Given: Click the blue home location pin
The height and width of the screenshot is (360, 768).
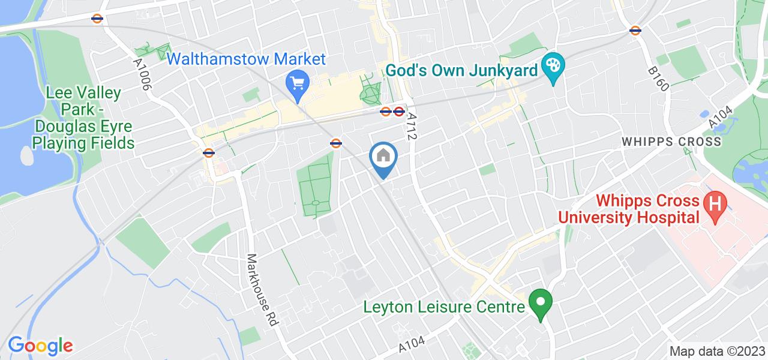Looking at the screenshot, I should (x=383, y=158).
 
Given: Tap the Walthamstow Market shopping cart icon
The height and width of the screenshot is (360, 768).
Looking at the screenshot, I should (x=297, y=81).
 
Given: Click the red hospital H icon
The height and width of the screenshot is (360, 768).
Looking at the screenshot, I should (x=714, y=203).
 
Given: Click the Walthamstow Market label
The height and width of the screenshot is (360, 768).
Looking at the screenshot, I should (x=247, y=59).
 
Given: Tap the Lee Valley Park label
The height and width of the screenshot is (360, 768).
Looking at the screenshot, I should (x=84, y=118).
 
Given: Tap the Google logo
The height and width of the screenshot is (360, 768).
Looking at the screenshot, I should (x=40, y=346).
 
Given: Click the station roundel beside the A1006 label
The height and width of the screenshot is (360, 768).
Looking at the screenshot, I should (x=97, y=19).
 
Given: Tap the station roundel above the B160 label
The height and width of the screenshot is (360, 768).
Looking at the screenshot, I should (x=635, y=30).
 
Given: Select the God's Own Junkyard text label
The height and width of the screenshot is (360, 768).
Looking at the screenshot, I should (x=461, y=71).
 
